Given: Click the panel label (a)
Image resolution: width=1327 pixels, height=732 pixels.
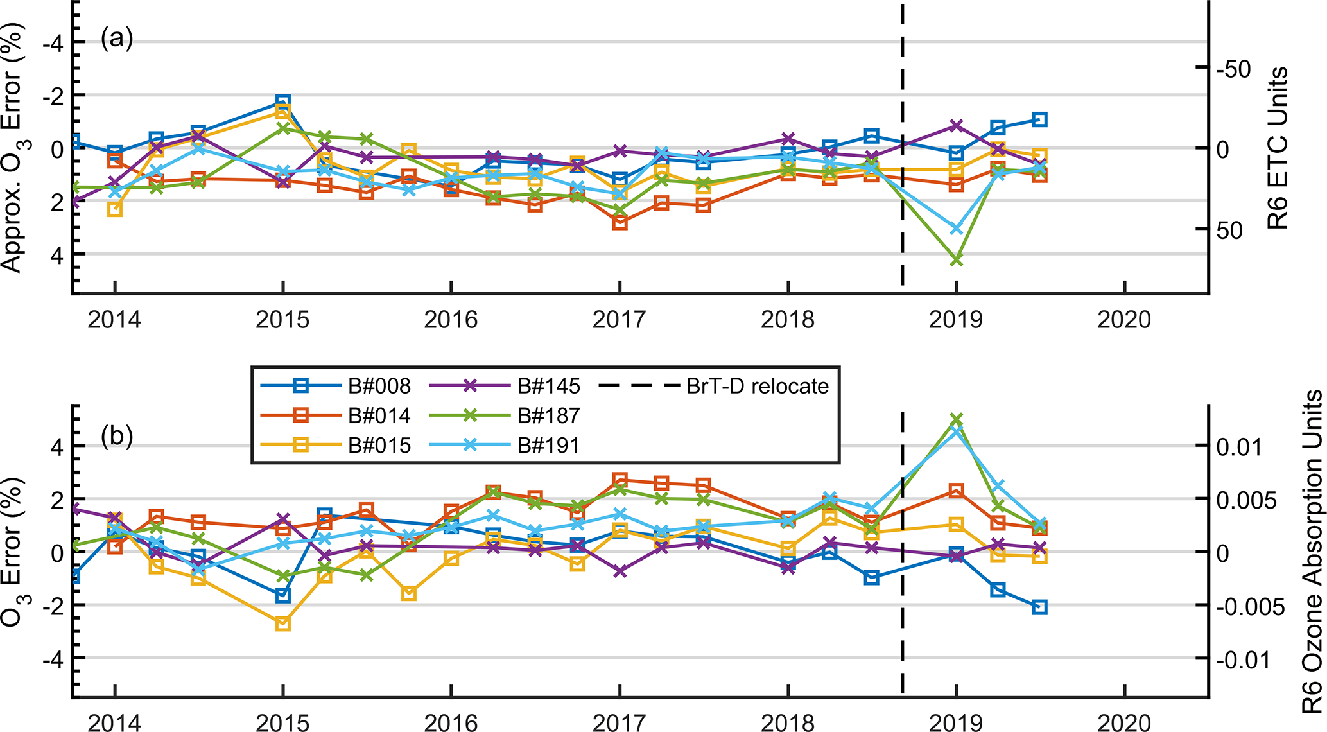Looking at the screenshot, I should [x=116, y=39].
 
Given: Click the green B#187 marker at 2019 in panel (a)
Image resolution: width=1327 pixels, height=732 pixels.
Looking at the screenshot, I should [x=956, y=260].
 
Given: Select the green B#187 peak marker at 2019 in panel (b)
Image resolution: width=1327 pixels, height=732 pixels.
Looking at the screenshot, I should [x=956, y=419].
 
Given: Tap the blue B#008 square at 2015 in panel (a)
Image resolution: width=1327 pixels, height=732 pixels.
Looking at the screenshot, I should [x=282, y=101].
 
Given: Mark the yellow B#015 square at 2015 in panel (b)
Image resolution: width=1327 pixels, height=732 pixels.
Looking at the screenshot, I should [x=282, y=623].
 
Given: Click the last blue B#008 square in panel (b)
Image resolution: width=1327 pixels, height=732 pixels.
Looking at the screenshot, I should [x=1039, y=607].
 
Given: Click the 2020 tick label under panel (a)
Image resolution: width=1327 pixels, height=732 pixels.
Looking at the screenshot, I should [x=1123, y=319].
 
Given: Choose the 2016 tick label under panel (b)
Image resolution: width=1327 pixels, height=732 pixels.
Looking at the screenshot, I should [x=451, y=723].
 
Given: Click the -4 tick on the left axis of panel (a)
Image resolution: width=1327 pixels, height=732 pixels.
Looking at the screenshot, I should [x=54, y=42].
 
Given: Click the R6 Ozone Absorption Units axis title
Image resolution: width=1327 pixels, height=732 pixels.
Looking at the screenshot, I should [x=1312, y=552].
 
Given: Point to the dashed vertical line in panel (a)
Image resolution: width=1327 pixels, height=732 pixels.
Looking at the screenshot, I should [x=903, y=148].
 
